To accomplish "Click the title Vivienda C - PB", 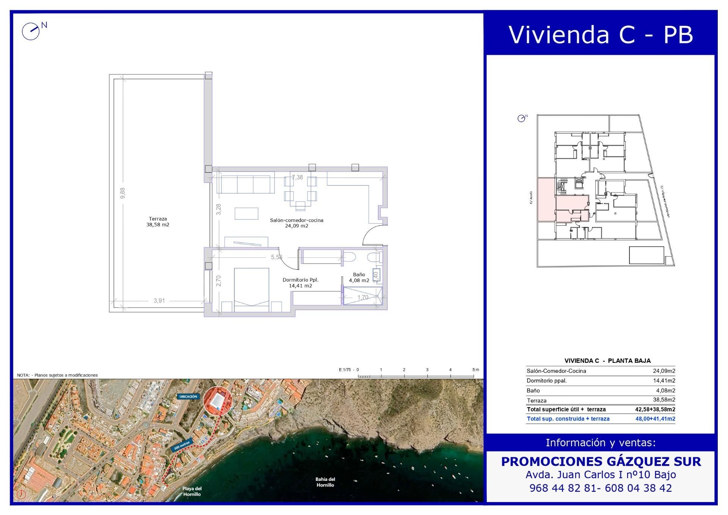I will [601, 35].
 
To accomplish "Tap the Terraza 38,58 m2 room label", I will [158, 222].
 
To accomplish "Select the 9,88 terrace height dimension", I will [122, 193].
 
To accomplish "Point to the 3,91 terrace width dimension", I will [159, 301].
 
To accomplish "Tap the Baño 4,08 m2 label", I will [359, 277].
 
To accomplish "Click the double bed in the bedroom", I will [251, 289].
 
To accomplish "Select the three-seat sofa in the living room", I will [245, 184].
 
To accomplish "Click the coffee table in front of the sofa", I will [246, 213].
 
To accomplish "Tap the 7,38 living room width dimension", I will [297, 177].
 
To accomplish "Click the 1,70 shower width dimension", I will [363, 297].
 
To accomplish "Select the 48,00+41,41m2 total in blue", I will [655, 419].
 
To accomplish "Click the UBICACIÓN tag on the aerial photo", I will [188, 397].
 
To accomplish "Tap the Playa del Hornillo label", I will [192, 491].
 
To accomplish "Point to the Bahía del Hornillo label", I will [325, 482].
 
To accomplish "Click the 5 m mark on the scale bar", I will [474, 370].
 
